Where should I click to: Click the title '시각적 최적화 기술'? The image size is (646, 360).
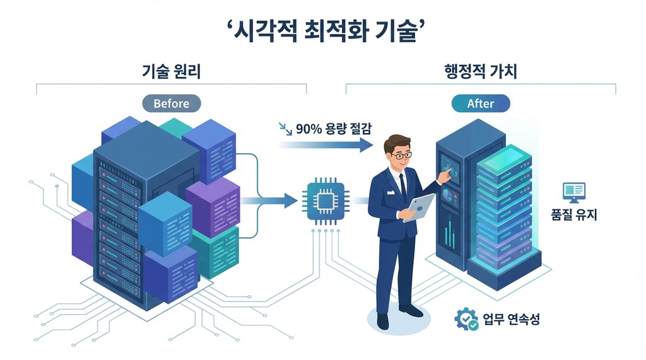326,32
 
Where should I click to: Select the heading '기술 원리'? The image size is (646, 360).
171,71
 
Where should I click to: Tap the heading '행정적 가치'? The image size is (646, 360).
480,71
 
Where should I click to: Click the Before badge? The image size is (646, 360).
172,103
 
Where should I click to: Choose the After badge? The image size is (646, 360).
481,103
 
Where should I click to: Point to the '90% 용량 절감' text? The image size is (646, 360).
333,129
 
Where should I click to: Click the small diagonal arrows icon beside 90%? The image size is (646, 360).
285,129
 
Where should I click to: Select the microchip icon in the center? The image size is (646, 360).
326,201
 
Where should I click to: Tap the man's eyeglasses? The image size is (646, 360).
401,155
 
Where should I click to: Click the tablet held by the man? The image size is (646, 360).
419,207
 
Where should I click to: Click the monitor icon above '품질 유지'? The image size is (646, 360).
574,192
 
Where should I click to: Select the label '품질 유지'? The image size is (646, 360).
574,214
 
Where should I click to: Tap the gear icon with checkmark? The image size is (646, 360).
466,319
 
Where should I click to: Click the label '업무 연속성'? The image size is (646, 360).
511,319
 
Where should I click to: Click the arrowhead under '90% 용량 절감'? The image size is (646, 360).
366,144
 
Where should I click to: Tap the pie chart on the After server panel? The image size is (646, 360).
447,195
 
